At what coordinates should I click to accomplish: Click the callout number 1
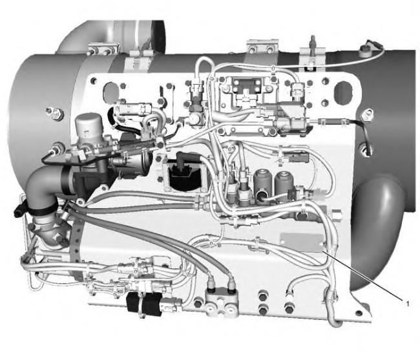(x=408, y=304)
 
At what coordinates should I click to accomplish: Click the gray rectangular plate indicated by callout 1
(x=302, y=242)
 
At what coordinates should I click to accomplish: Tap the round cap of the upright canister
(x=88, y=121)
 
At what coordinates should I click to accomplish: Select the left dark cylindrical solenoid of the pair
(x=262, y=184)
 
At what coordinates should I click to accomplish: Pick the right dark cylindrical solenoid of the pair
(x=284, y=182)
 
